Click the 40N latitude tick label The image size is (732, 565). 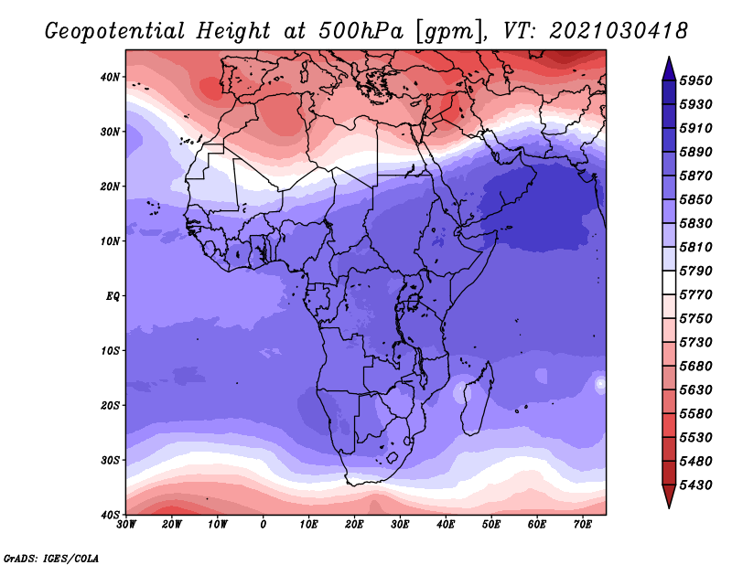click(110, 77)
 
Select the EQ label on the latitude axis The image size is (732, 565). click(113, 296)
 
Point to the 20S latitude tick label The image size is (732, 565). click(110, 405)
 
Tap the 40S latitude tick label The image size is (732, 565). click(110, 515)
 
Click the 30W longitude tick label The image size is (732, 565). click(126, 525)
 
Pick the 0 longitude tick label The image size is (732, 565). click(264, 525)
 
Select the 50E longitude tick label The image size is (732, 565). click(491, 525)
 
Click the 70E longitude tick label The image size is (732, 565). click(583, 525)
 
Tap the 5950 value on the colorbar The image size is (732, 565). click(696, 80)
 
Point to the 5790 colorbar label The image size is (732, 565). click(696, 271)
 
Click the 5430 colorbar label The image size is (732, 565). click(696, 485)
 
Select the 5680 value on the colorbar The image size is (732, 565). click(696, 367)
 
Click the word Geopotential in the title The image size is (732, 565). click(115, 32)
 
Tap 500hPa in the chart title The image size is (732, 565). click(361, 31)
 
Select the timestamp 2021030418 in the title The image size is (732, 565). click(619, 31)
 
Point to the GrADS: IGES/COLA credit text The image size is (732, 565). click(51, 558)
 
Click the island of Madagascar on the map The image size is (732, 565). click(477, 399)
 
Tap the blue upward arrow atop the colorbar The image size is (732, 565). click(669, 69)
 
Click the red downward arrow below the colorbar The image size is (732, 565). click(669, 496)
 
